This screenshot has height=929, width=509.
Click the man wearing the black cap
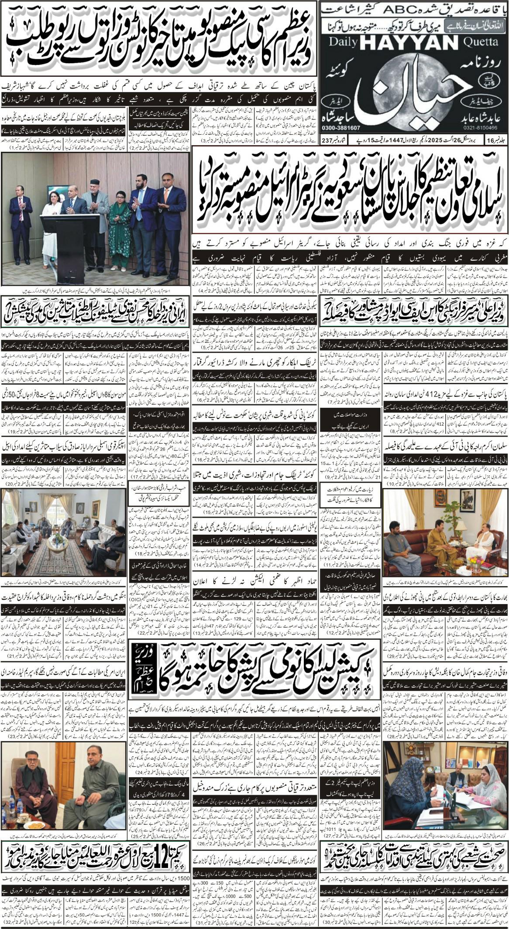coord(94,205)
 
